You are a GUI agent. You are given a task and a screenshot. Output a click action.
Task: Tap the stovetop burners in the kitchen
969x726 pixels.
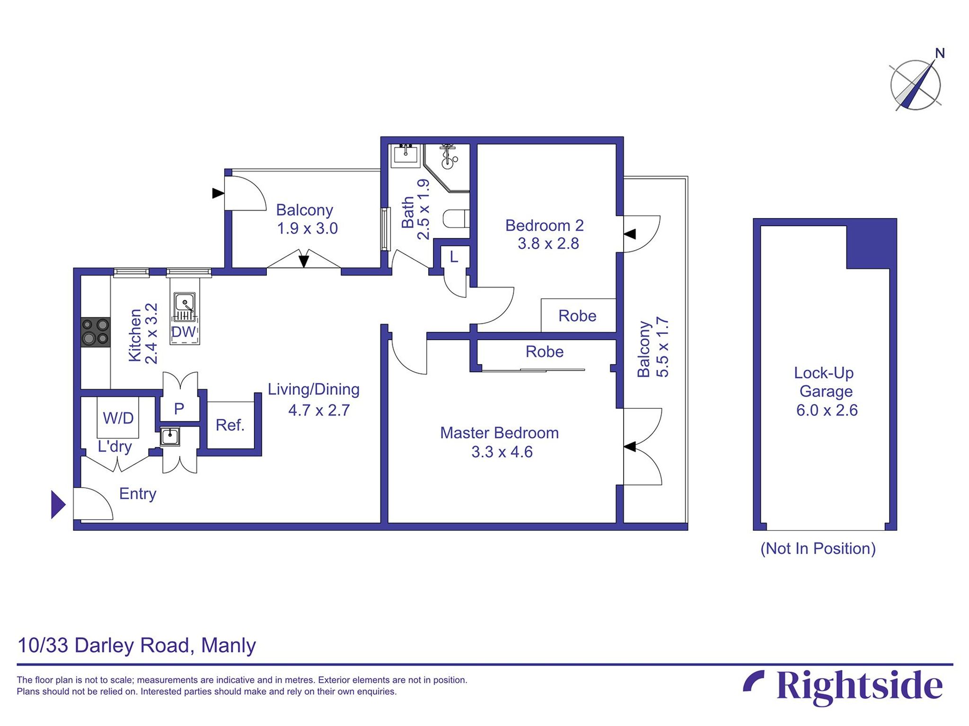coord(96,332)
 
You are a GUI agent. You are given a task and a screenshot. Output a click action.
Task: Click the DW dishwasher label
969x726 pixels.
coord(184,332)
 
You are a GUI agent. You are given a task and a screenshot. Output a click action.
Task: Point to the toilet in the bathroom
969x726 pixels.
coord(456,219)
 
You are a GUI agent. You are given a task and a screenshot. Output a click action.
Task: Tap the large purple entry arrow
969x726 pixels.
coord(58,505)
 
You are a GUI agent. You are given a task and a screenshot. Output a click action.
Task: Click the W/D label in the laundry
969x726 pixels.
coord(118,418)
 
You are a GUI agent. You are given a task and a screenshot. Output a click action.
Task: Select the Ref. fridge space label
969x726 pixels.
coord(230,425)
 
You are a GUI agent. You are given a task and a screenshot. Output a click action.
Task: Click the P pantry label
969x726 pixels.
coord(179,409)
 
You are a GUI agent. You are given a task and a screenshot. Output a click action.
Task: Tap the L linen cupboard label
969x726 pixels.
coord(454,257)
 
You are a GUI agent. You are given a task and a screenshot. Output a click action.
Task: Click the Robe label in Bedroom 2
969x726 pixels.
coord(577,316)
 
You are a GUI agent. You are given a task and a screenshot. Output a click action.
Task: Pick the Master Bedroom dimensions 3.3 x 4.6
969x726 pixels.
coord(502,452)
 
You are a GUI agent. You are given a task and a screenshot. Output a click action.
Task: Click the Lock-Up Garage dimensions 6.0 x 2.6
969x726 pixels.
coord(827,410)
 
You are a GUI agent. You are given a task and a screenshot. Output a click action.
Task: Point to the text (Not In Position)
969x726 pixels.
coord(818,549)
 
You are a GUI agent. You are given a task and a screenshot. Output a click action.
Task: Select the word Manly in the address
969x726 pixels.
coord(229,646)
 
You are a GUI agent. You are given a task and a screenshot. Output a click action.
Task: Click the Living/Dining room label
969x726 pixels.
coord(314,389)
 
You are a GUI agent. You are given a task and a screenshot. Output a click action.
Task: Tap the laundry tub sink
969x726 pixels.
coord(170,437)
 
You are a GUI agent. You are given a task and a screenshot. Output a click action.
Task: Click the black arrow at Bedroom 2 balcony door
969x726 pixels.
coord(630,234)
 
